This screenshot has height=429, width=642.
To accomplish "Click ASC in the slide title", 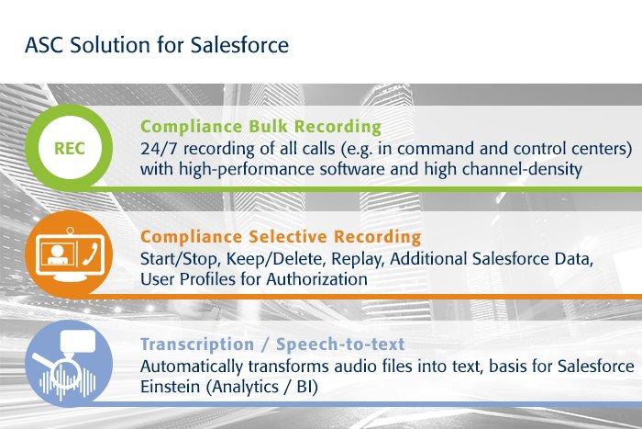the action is pos(44,45).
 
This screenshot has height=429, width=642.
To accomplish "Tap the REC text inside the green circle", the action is pos(70,149).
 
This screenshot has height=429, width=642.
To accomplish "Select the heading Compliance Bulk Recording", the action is pos(260,127).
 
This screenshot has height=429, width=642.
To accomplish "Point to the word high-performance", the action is pos(247,169).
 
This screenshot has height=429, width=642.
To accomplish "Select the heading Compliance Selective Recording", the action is pos(281,237).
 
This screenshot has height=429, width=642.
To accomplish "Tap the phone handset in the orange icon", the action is pos(90,254).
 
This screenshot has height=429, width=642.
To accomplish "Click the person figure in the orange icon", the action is pos(56,255).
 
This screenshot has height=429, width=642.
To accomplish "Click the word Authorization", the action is pos(317,279).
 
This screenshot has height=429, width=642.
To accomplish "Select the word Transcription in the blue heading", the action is pos(197,344).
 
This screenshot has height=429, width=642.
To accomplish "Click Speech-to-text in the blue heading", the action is pos(340,344).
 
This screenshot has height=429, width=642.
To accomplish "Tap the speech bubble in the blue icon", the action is pos(77,342).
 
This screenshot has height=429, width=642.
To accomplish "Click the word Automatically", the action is pos(192,367).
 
